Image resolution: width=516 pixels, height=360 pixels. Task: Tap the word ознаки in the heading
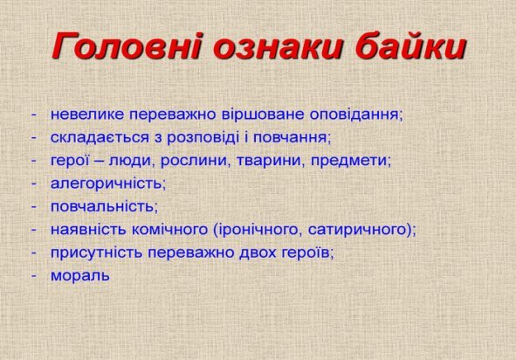click(x=278, y=46)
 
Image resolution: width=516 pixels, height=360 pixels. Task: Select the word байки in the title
click(x=410, y=46)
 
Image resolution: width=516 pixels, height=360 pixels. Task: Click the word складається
click(x=100, y=138)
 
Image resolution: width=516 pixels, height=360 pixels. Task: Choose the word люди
click(x=129, y=161)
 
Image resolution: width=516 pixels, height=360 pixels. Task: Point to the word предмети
click(x=349, y=161)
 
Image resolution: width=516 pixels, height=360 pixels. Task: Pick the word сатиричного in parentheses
click(x=357, y=230)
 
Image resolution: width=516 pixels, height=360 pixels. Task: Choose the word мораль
click(x=80, y=276)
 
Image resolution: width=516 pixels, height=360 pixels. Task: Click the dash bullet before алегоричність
click(x=33, y=184)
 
